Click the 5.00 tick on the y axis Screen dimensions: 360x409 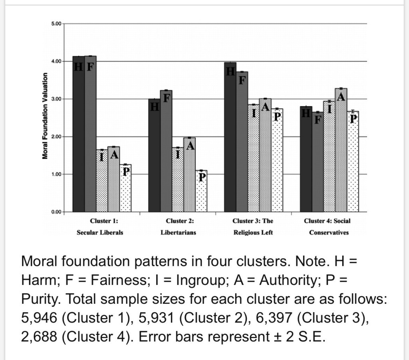point(56,24)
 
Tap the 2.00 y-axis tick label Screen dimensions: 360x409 point(56,136)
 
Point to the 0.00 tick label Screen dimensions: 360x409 point(56,212)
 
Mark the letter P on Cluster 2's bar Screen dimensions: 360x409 point(201,178)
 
